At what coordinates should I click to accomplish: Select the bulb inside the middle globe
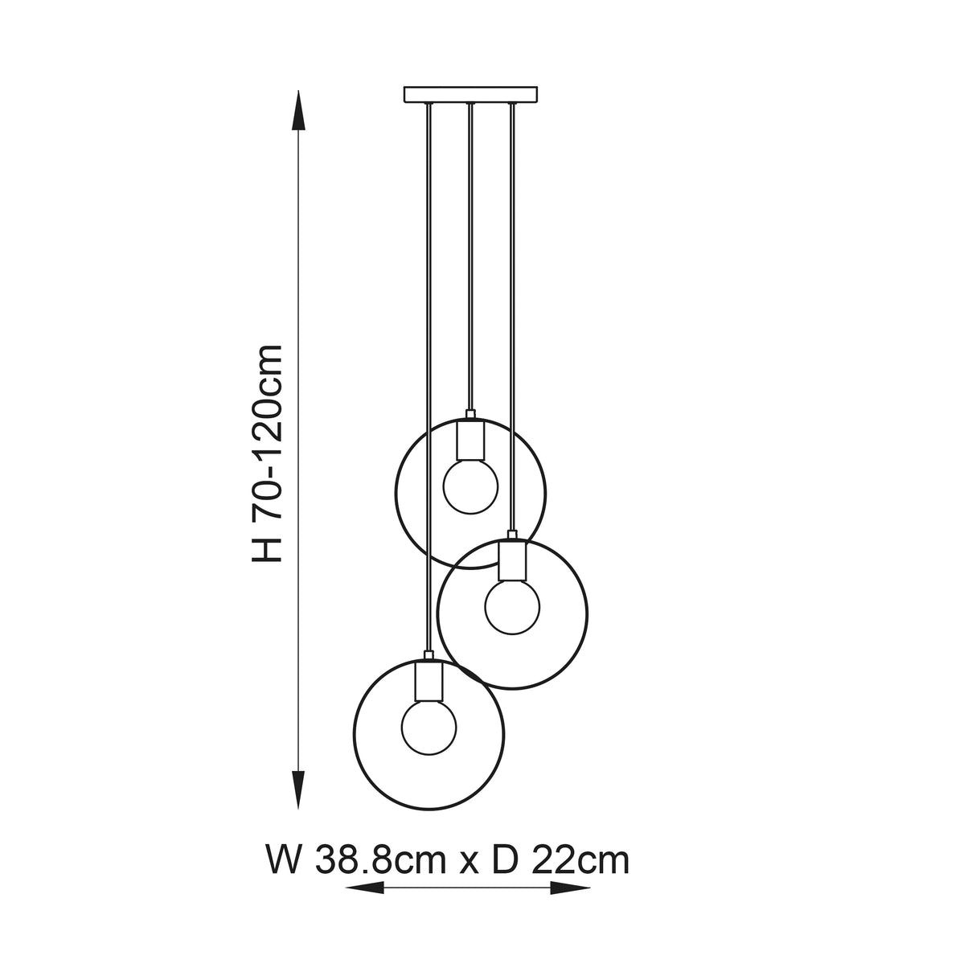click(x=512, y=605)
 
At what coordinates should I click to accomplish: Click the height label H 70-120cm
click(x=268, y=453)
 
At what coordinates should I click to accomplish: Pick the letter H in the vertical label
click(x=268, y=550)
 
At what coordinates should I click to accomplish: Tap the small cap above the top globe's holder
click(x=471, y=414)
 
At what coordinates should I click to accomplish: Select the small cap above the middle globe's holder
click(x=512, y=535)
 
